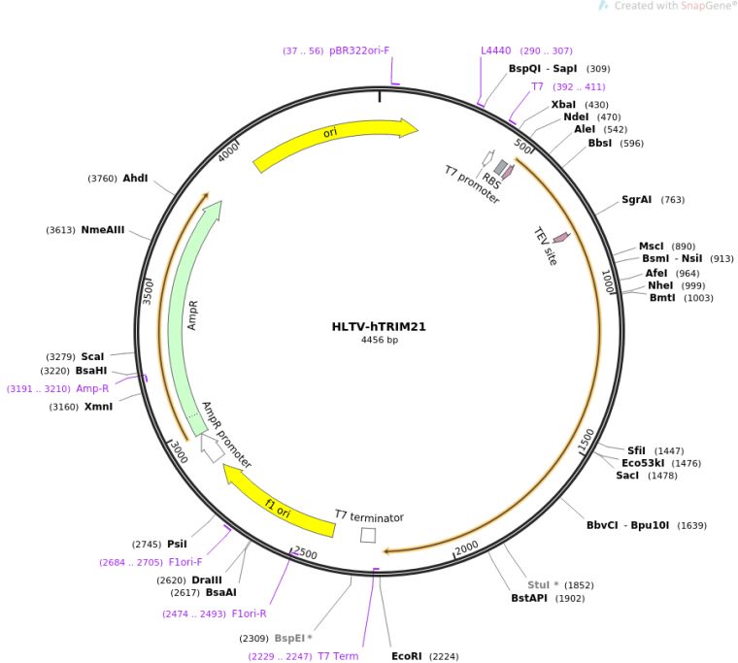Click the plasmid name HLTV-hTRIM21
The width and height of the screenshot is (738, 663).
(x=379, y=326)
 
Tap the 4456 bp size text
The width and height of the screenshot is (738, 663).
(x=379, y=341)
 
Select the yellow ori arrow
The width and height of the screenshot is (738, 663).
(x=335, y=144)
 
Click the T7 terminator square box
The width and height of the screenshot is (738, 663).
(x=368, y=535)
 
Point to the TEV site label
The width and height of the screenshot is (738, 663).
(x=546, y=247)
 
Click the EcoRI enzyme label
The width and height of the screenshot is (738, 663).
(x=407, y=656)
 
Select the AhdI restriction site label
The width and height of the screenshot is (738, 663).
(x=135, y=178)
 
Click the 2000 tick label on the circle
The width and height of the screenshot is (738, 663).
(x=467, y=548)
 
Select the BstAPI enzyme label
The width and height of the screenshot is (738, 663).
(x=529, y=598)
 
